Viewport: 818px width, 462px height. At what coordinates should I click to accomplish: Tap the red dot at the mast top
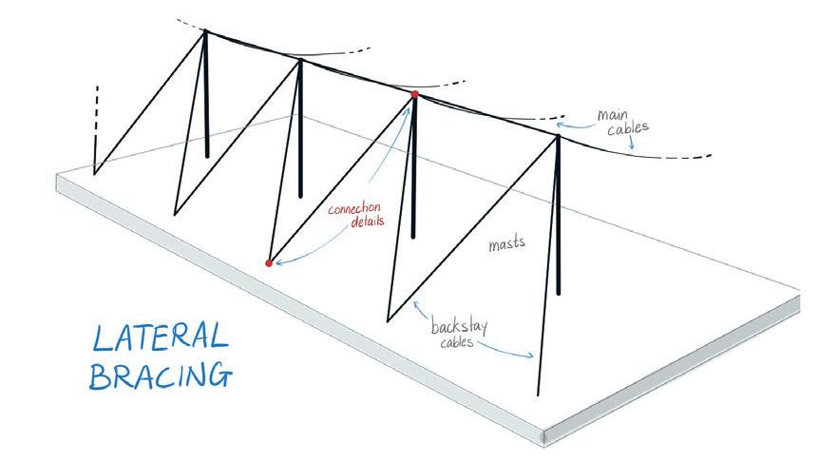point(414,94)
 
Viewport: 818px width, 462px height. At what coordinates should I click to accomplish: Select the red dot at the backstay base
point(269,262)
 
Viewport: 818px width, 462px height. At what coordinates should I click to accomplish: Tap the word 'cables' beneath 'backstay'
point(454,341)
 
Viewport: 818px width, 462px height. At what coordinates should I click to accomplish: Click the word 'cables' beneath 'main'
point(622,130)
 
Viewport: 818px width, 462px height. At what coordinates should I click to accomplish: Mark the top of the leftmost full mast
point(206,31)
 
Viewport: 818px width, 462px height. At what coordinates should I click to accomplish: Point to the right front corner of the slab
point(543,436)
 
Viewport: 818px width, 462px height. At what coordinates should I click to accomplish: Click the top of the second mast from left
point(301,61)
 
